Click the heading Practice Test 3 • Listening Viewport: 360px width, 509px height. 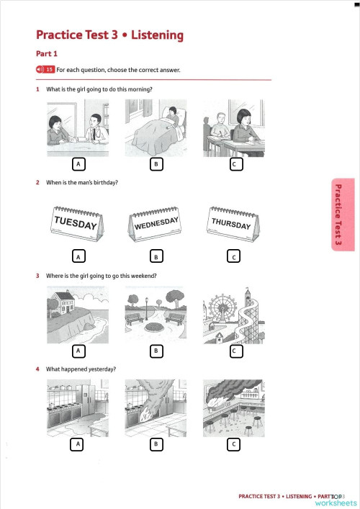click(x=109, y=35)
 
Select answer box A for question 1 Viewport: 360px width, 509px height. click(x=77, y=164)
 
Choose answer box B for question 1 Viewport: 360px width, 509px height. click(x=155, y=164)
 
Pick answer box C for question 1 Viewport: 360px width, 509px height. click(x=233, y=164)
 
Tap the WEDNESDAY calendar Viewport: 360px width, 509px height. click(x=156, y=225)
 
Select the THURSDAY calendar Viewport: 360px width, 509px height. click(x=232, y=225)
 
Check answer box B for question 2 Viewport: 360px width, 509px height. click(x=155, y=256)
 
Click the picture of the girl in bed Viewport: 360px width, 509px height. click(x=156, y=128)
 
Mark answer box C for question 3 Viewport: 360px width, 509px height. click(x=233, y=351)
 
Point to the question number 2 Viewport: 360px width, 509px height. click(x=37, y=183)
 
